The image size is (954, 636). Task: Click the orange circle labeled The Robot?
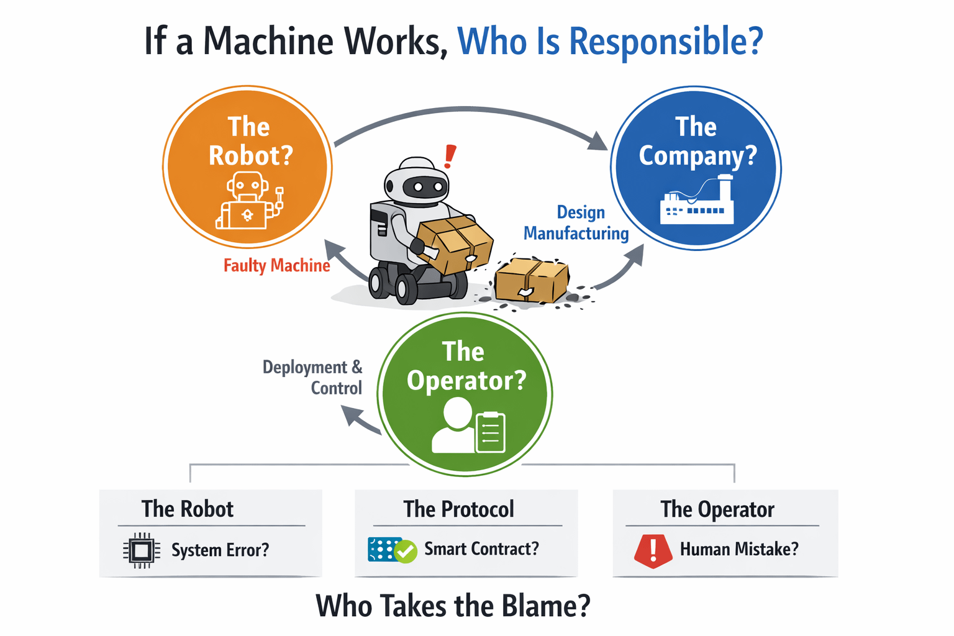click(247, 166)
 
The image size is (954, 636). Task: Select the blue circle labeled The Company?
click(696, 168)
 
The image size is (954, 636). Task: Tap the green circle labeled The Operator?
click(465, 394)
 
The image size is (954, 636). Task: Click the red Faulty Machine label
click(276, 266)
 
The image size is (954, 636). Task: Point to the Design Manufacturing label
click(576, 222)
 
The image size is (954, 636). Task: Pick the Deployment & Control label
click(312, 377)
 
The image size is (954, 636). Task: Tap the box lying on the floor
click(532, 281)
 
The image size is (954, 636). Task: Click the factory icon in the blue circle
click(697, 201)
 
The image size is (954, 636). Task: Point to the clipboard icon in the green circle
click(490, 432)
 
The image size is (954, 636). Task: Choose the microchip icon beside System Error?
click(142, 550)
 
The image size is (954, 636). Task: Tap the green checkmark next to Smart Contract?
click(406, 551)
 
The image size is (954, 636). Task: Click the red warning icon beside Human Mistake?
click(653, 550)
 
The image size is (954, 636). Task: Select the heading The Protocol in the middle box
click(458, 509)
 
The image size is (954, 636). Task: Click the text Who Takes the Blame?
click(453, 606)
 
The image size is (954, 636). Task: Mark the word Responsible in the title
click(665, 42)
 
